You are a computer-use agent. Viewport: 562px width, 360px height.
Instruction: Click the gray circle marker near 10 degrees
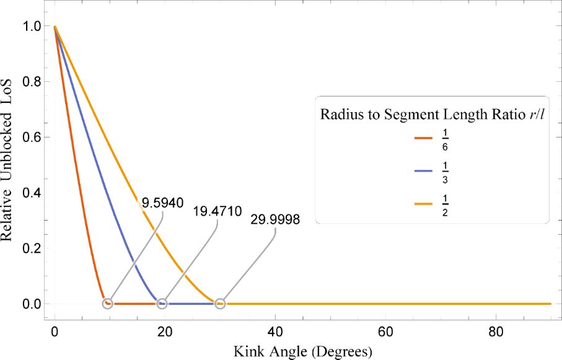[x=107, y=304]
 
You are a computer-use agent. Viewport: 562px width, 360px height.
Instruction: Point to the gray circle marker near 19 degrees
[x=162, y=304]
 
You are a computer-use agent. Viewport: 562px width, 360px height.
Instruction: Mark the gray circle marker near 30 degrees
[x=220, y=304]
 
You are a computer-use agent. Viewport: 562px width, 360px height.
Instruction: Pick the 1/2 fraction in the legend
[x=445, y=206]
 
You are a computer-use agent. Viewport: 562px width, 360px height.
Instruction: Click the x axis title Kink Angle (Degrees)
[x=302, y=352]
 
